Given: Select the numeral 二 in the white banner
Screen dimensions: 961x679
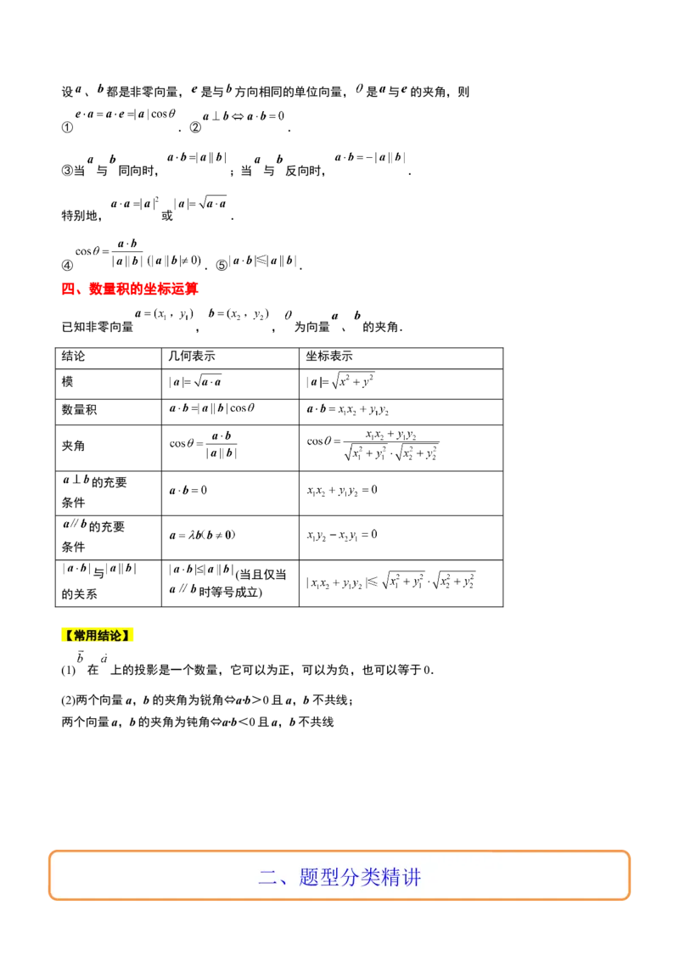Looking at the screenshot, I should (x=267, y=877).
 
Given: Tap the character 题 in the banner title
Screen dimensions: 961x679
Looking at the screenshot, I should (x=309, y=877).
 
